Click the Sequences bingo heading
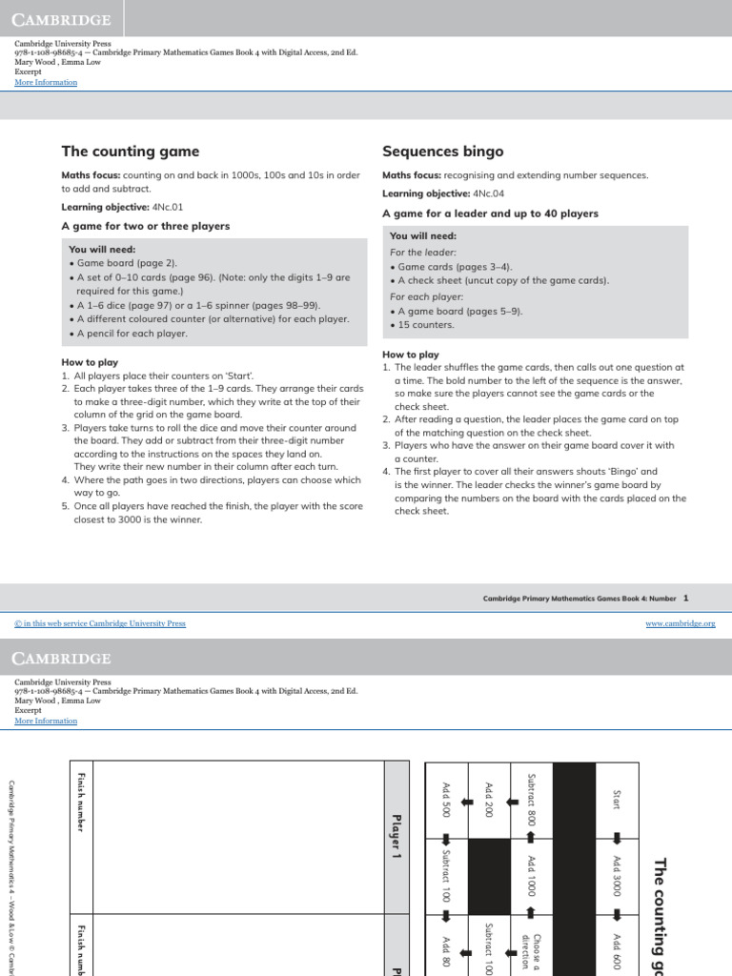pos(442,152)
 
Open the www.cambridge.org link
pos(681,623)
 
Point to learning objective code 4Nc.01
pos(167,207)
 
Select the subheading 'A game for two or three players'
pos(146,226)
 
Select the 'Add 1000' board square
pos(532,875)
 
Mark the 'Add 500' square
pos(445,799)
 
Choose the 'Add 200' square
pos(488,799)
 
